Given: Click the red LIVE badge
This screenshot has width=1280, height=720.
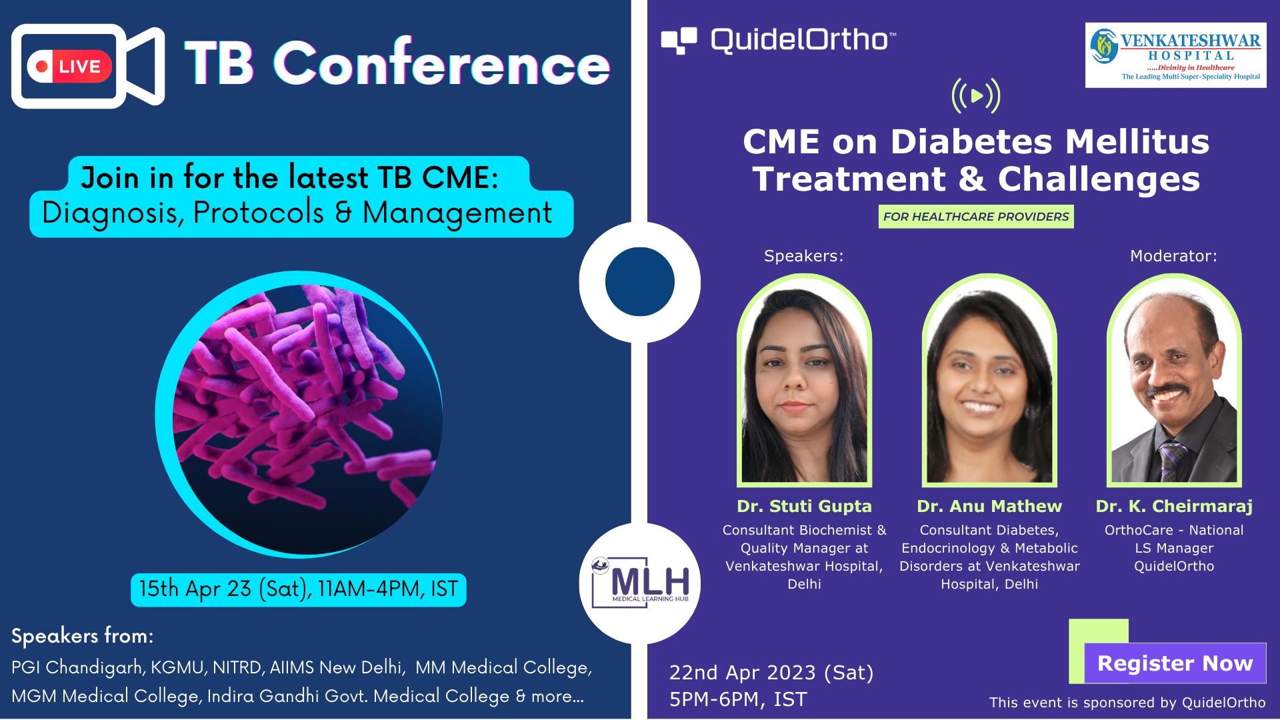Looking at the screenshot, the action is [69, 66].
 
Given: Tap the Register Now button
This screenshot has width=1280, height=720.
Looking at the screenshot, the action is [1175, 663].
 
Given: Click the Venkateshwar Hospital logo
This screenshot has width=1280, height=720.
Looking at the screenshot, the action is [1176, 55].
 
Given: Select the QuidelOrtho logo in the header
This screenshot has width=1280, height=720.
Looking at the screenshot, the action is [779, 40].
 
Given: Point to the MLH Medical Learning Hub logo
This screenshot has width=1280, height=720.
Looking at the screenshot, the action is [640, 583].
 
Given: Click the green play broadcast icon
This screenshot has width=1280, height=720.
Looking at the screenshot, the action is [976, 96].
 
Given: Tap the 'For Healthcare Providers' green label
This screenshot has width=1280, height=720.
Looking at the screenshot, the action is [976, 217].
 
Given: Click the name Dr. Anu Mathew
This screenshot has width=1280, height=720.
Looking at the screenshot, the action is [989, 507].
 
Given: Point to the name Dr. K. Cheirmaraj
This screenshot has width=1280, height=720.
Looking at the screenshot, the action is [1174, 507].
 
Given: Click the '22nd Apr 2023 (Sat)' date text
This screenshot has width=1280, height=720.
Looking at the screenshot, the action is [771, 673].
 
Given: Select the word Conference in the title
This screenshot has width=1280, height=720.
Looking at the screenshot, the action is [442, 63].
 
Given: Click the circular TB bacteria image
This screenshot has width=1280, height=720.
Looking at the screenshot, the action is [299, 414].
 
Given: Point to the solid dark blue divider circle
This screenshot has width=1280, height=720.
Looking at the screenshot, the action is [640, 281].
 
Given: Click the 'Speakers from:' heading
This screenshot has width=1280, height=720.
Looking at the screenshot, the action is [83, 636].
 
